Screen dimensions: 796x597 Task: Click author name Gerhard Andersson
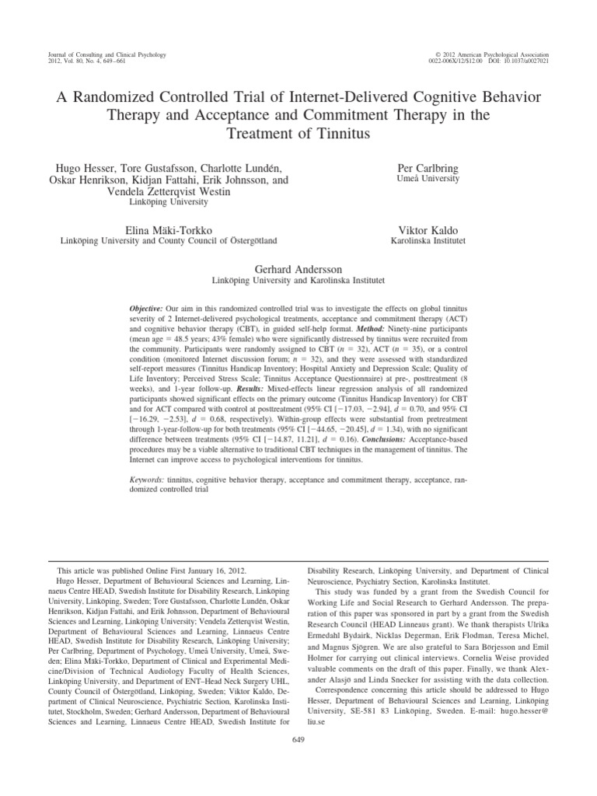tap(298, 267)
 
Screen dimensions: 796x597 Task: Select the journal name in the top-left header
tap(96, 52)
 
